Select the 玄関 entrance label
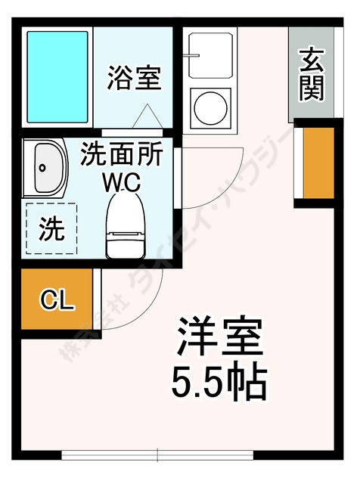pyautogui.click(x=311, y=74)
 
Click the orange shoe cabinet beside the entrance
pyautogui.click(x=318, y=163)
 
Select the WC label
pyautogui.click(x=121, y=183)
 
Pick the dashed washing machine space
pyautogui.click(x=51, y=228)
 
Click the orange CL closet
pyautogui.click(x=57, y=300)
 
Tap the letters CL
pyautogui.click(x=57, y=301)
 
